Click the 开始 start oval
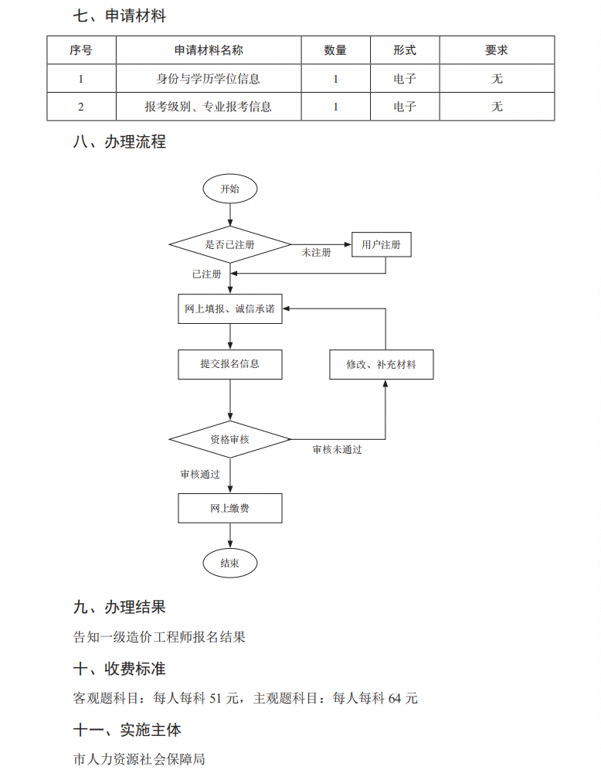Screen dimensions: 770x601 pyautogui.click(x=229, y=189)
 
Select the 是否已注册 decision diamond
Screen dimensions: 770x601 pyautogui.click(x=229, y=245)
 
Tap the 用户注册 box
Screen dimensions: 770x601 pyautogui.click(x=381, y=245)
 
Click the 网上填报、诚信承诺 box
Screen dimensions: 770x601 pyautogui.click(x=230, y=308)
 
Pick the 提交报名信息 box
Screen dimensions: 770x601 pyautogui.click(x=230, y=364)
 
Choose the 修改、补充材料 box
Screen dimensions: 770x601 pyautogui.click(x=381, y=364)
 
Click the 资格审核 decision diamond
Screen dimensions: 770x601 pyautogui.click(x=229, y=439)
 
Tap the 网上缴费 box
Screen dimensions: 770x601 pyautogui.click(x=230, y=508)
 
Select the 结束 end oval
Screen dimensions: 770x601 pyautogui.click(x=229, y=564)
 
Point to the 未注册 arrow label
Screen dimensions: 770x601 pyautogui.click(x=316, y=254)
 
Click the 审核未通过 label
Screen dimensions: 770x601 pyautogui.click(x=337, y=449)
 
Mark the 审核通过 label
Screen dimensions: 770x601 pyautogui.click(x=200, y=474)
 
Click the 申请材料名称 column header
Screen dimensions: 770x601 pyautogui.click(x=209, y=50)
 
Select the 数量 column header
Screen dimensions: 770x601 pyautogui.click(x=335, y=50)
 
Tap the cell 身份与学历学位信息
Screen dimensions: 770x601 pyautogui.click(x=209, y=78)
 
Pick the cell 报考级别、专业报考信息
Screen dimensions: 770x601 pyautogui.click(x=209, y=107)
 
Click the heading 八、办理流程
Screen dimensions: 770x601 pyautogui.click(x=119, y=142)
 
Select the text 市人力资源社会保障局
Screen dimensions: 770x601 pyautogui.click(x=139, y=760)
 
